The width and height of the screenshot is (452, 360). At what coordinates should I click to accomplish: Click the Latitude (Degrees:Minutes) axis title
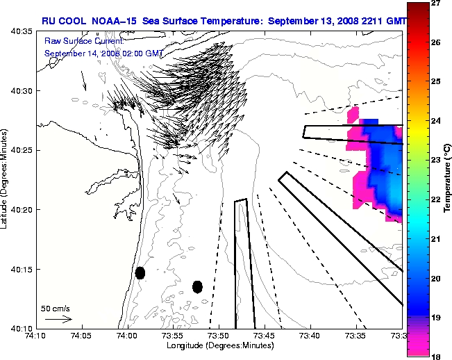coord(6,179)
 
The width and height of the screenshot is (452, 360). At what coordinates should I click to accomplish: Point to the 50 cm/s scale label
coord(56,308)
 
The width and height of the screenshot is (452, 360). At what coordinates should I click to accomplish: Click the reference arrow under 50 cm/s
coord(58,319)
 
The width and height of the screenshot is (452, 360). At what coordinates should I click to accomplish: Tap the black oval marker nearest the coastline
coord(140,272)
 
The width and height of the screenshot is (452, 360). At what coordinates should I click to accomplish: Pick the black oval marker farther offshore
coord(197,286)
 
